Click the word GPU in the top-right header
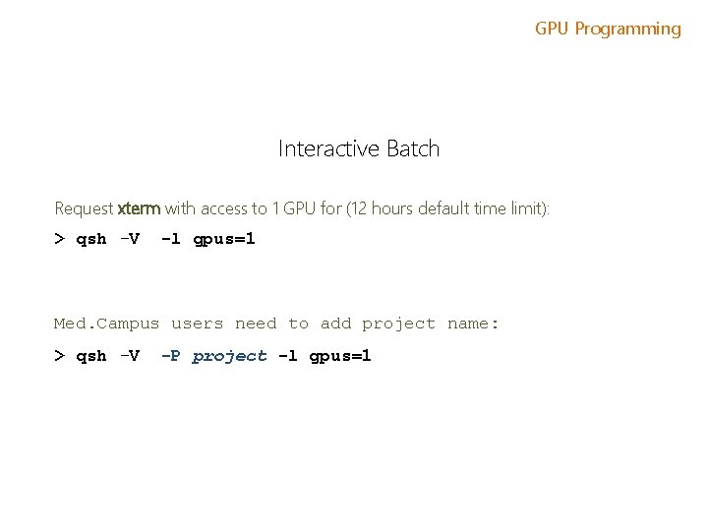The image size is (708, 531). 553,29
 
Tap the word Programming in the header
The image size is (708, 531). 627,29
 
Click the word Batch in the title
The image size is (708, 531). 413,149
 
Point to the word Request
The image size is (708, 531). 84,208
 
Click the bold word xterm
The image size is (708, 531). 139,208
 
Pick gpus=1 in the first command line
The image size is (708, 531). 224,239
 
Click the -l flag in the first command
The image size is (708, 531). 170,239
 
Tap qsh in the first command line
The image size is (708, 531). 91,239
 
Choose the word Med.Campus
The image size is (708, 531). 106,324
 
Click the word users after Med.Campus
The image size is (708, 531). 198,324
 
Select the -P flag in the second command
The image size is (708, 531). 170,356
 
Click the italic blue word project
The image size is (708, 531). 230,356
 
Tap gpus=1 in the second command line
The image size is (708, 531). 340,356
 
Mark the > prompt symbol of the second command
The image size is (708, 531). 59,356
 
